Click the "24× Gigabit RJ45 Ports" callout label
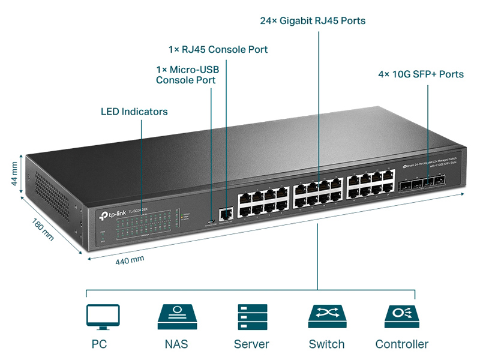point(313,21)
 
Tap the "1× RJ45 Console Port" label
point(218,49)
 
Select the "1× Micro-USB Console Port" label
point(188,75)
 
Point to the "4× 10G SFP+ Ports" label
point(421,74)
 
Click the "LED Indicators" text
point(134,112)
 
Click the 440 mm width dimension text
point(130,260)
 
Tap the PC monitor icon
point(103,316)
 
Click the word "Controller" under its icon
point(401,344)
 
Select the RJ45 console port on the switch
point(226,212)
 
